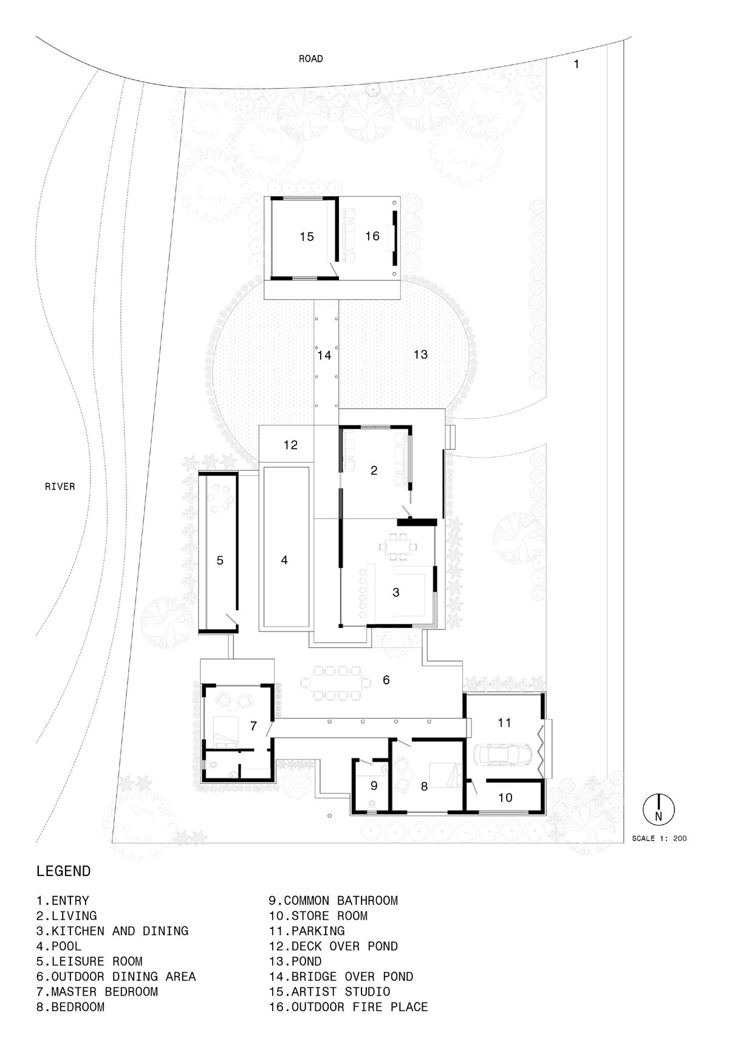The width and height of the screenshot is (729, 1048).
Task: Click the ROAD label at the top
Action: [x=310, y=59]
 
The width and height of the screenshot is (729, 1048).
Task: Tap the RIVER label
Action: [x=60, y=486]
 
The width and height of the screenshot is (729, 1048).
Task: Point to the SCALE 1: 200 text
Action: [x=659, y=839]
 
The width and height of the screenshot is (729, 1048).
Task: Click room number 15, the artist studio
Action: [x=307, y=237]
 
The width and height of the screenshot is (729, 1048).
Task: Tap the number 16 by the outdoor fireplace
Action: [x=372, y=236]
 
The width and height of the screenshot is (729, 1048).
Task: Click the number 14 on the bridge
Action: [x=324, y=355]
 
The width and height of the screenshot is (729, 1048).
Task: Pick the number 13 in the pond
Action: [x=420, y=354]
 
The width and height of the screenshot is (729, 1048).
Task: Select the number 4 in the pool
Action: [x=284, y=560]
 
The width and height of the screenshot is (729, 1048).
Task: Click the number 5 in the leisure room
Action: [x=220, y=560]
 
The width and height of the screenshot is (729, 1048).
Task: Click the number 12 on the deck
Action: [x=291, y=444]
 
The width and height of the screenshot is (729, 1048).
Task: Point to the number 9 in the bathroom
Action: [x=374, y=786]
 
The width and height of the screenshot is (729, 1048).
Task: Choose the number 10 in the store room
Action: [x=505, y=797]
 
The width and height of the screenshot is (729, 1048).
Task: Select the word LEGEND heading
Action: [x=64, y=871]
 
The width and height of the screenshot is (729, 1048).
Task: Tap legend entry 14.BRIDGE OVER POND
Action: [x=341, y=977]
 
